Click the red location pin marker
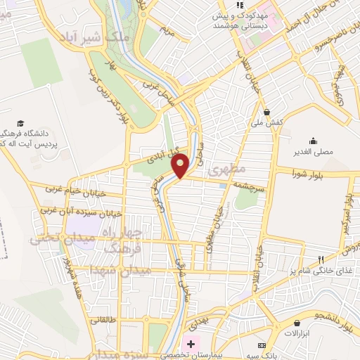181,165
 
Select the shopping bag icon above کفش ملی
266,111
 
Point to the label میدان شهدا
113,268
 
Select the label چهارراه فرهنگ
122,239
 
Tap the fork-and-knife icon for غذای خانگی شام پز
321,259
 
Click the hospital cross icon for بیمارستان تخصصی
190,344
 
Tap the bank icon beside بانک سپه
262,347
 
